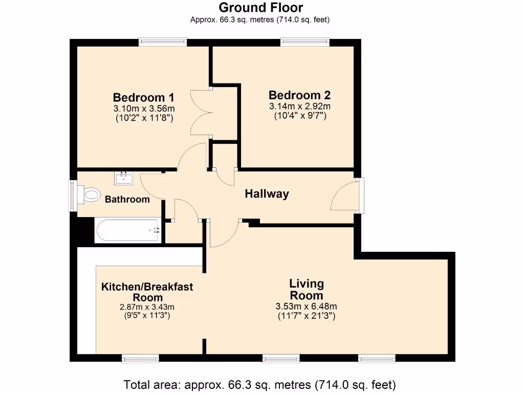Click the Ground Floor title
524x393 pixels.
coord(260,8)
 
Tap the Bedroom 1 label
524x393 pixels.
coord(144,97)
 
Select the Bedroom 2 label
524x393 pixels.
coord(299,95)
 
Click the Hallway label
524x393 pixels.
coord(267,194)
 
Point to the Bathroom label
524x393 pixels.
coord(127,199)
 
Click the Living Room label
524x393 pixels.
coord(307,290)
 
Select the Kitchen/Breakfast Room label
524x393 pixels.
coord(147,292)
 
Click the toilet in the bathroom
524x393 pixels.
coord(90,194)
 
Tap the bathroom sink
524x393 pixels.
coord(123,178)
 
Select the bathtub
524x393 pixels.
coord(127,230)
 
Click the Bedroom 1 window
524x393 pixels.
coord(163,42)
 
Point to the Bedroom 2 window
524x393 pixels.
coord(304,42)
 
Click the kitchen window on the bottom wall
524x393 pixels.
coord(137,358)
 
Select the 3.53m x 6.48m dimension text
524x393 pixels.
coord(306,307)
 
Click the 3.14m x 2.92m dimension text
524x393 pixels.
coord(300,106)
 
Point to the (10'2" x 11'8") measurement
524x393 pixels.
coord(144,118)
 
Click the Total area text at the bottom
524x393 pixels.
coord(260,384)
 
